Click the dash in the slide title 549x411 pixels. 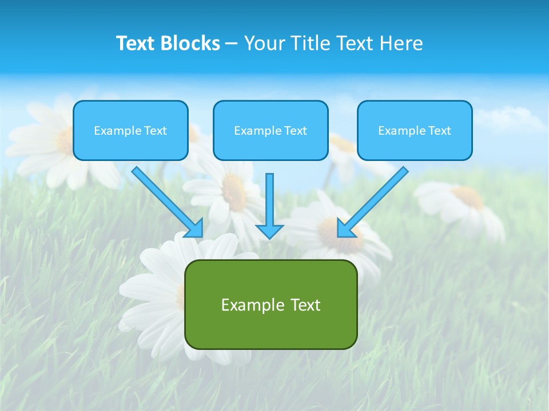click(232, 44)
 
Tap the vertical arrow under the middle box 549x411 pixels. click(269, 200)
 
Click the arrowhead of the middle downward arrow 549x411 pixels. click(269, 231)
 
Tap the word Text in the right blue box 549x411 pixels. click(440, 131)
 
